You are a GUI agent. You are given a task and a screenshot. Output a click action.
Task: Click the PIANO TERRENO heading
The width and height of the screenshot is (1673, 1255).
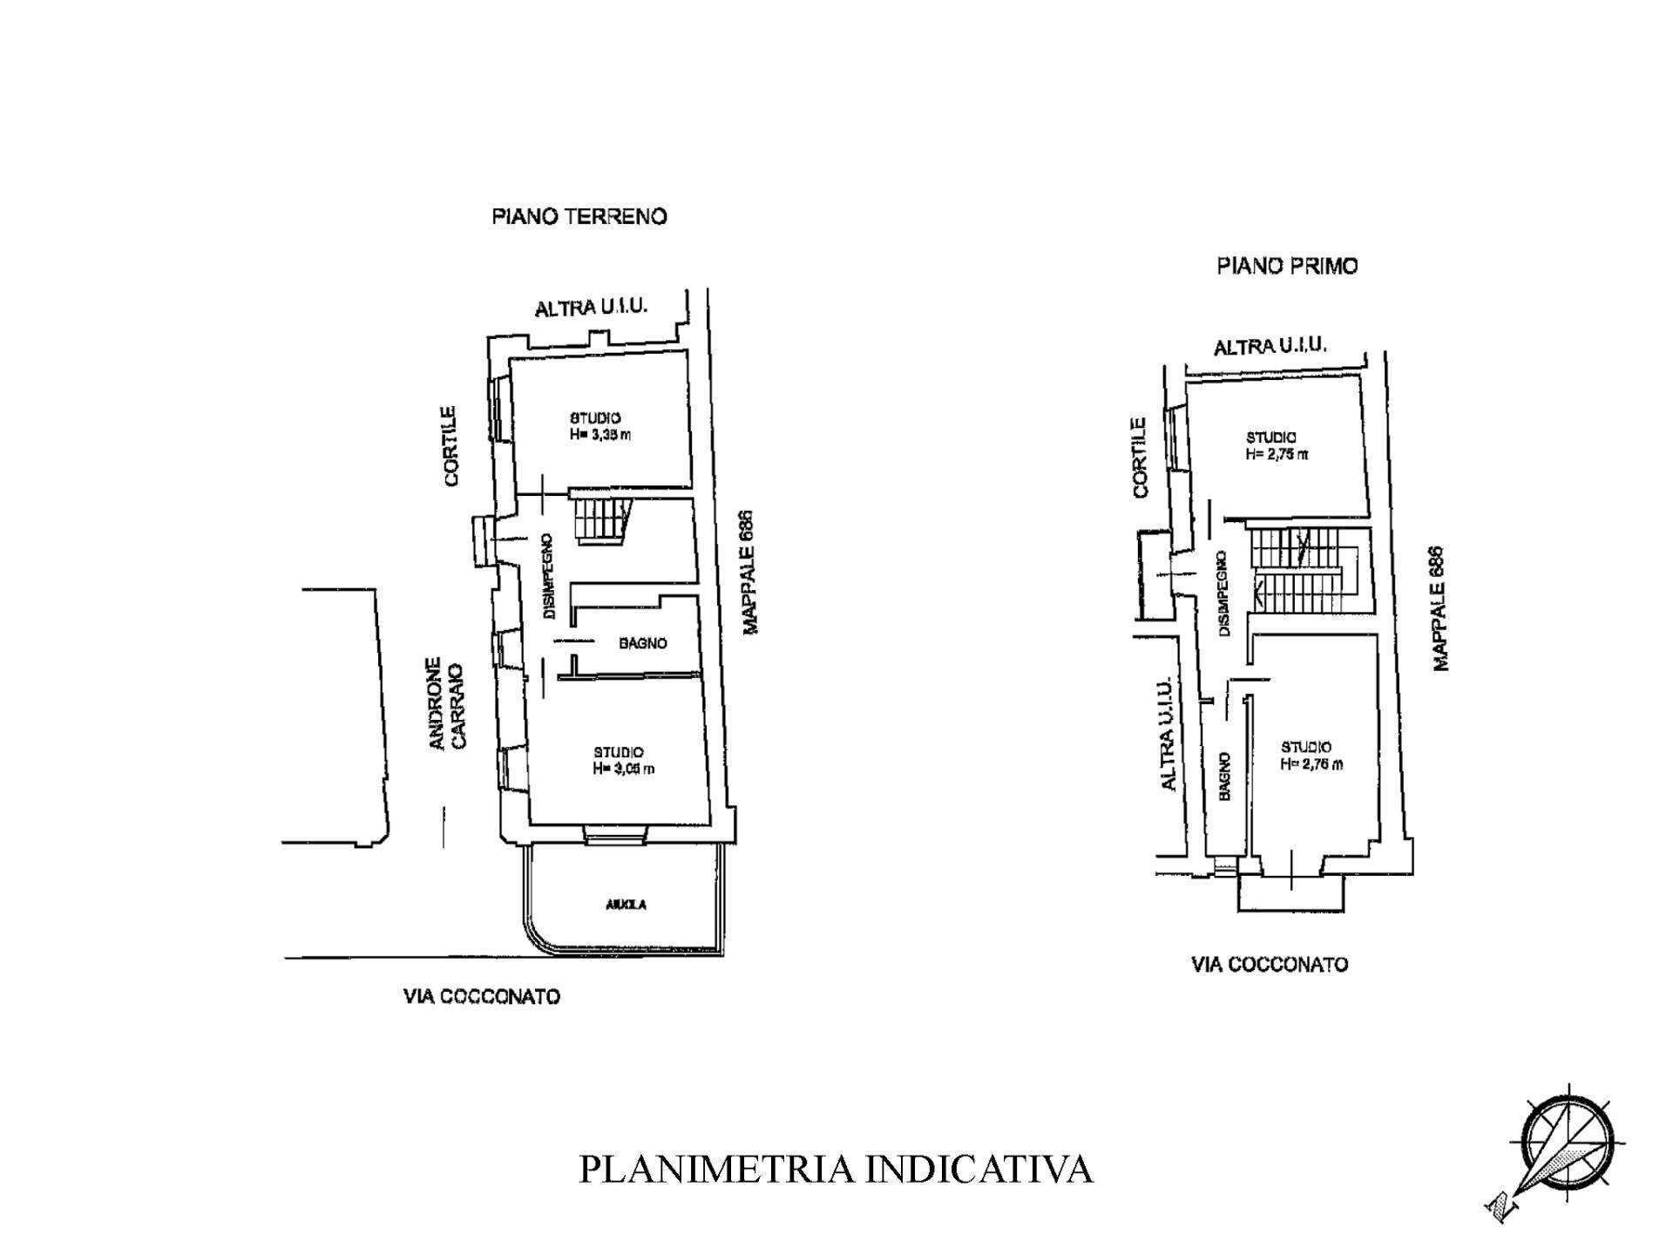(x=579, y=216)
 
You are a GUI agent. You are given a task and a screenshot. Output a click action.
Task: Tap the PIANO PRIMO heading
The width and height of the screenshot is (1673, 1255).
(x=1287, y=266)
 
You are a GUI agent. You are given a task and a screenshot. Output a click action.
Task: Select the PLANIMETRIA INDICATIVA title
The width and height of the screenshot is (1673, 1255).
(x=836, y=1169)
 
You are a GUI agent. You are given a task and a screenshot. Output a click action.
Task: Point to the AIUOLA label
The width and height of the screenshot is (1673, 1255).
(x=626, y=905)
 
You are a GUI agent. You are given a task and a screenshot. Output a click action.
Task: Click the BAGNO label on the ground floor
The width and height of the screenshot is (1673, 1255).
(x=643, y=643)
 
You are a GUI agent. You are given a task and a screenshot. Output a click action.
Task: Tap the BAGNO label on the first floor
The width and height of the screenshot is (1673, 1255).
(x=1224, y=777)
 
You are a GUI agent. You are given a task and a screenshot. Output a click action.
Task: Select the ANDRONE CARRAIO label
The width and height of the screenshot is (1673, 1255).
(x=448, y=702)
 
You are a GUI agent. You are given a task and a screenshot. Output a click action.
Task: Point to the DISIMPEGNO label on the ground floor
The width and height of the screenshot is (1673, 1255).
(x=548, y=576)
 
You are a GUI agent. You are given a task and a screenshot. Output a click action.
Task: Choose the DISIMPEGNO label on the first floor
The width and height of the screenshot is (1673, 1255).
(x=1223, y=593)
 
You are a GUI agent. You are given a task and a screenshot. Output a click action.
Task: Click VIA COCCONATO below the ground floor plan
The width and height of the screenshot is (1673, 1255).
(x=481, y=996)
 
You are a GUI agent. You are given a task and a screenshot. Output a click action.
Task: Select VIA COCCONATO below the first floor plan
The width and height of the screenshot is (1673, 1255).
(x=1269, y=964)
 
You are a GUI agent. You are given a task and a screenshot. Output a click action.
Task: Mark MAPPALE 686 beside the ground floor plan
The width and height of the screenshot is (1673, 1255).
(x=749, y=572)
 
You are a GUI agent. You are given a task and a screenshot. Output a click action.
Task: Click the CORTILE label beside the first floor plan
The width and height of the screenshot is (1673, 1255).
(x=1140, y=458)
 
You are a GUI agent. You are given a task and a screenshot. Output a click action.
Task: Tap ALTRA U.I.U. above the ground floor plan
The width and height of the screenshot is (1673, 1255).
(x=591, y=308)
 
